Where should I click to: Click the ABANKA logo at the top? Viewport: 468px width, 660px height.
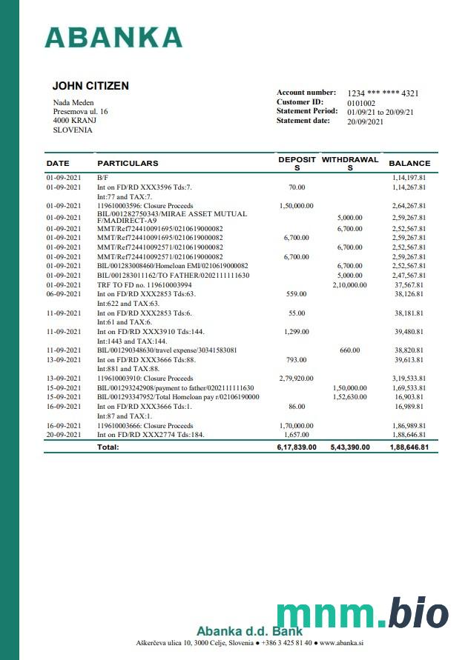point(113,37)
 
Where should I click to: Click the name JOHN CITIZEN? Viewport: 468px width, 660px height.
point(90,86)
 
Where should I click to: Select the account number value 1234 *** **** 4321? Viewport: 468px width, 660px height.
point(383,93)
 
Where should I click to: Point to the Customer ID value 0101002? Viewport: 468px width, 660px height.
point(361,103)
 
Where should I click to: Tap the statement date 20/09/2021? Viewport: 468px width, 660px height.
point(365,121)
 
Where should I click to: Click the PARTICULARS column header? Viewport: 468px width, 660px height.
point(128,163)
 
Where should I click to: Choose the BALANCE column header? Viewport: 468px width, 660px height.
point(409,163)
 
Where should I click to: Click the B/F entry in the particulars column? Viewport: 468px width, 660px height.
point(102,178)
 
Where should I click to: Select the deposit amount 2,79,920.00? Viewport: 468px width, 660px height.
point(297,378)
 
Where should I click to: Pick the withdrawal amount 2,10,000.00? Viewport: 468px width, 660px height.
point(349,284)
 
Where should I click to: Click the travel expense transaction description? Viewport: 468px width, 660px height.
point(167,350)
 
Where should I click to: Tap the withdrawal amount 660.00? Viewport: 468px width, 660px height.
point(349,350)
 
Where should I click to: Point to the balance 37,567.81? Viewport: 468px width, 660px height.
point(409,284)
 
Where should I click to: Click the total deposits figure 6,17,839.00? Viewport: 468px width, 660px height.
point(297,447)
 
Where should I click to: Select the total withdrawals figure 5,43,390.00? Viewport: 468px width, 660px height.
point(349,447)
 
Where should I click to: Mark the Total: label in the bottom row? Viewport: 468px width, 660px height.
point(108,447)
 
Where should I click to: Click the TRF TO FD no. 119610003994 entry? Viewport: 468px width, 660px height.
point(144,284)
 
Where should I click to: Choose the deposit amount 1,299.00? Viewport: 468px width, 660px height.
point(297,332)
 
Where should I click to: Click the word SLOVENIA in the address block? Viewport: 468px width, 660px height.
point(73,130)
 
